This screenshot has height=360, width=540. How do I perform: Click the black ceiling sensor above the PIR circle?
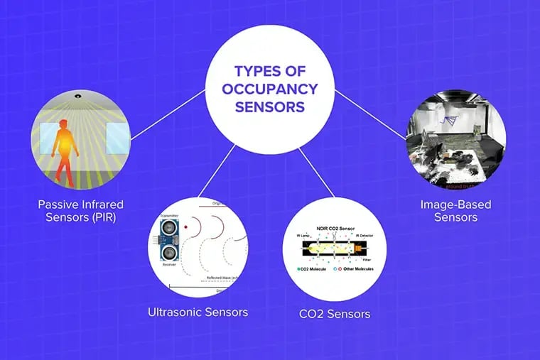pyautogui.click(x=75, y=95)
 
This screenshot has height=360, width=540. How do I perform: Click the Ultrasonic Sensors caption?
pyautogui.click(x=198, y=312)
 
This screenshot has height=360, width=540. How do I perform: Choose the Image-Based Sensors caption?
pyautogui.click(x=455, y=211)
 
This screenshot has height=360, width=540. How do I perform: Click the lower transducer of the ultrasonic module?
pyautogui.click(x=168, y=253)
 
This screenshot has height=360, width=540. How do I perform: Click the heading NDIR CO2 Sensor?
pyautogui.click(x=335, y=229)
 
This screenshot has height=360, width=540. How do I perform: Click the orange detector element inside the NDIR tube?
pyautogui.click(x=361, y=249)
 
